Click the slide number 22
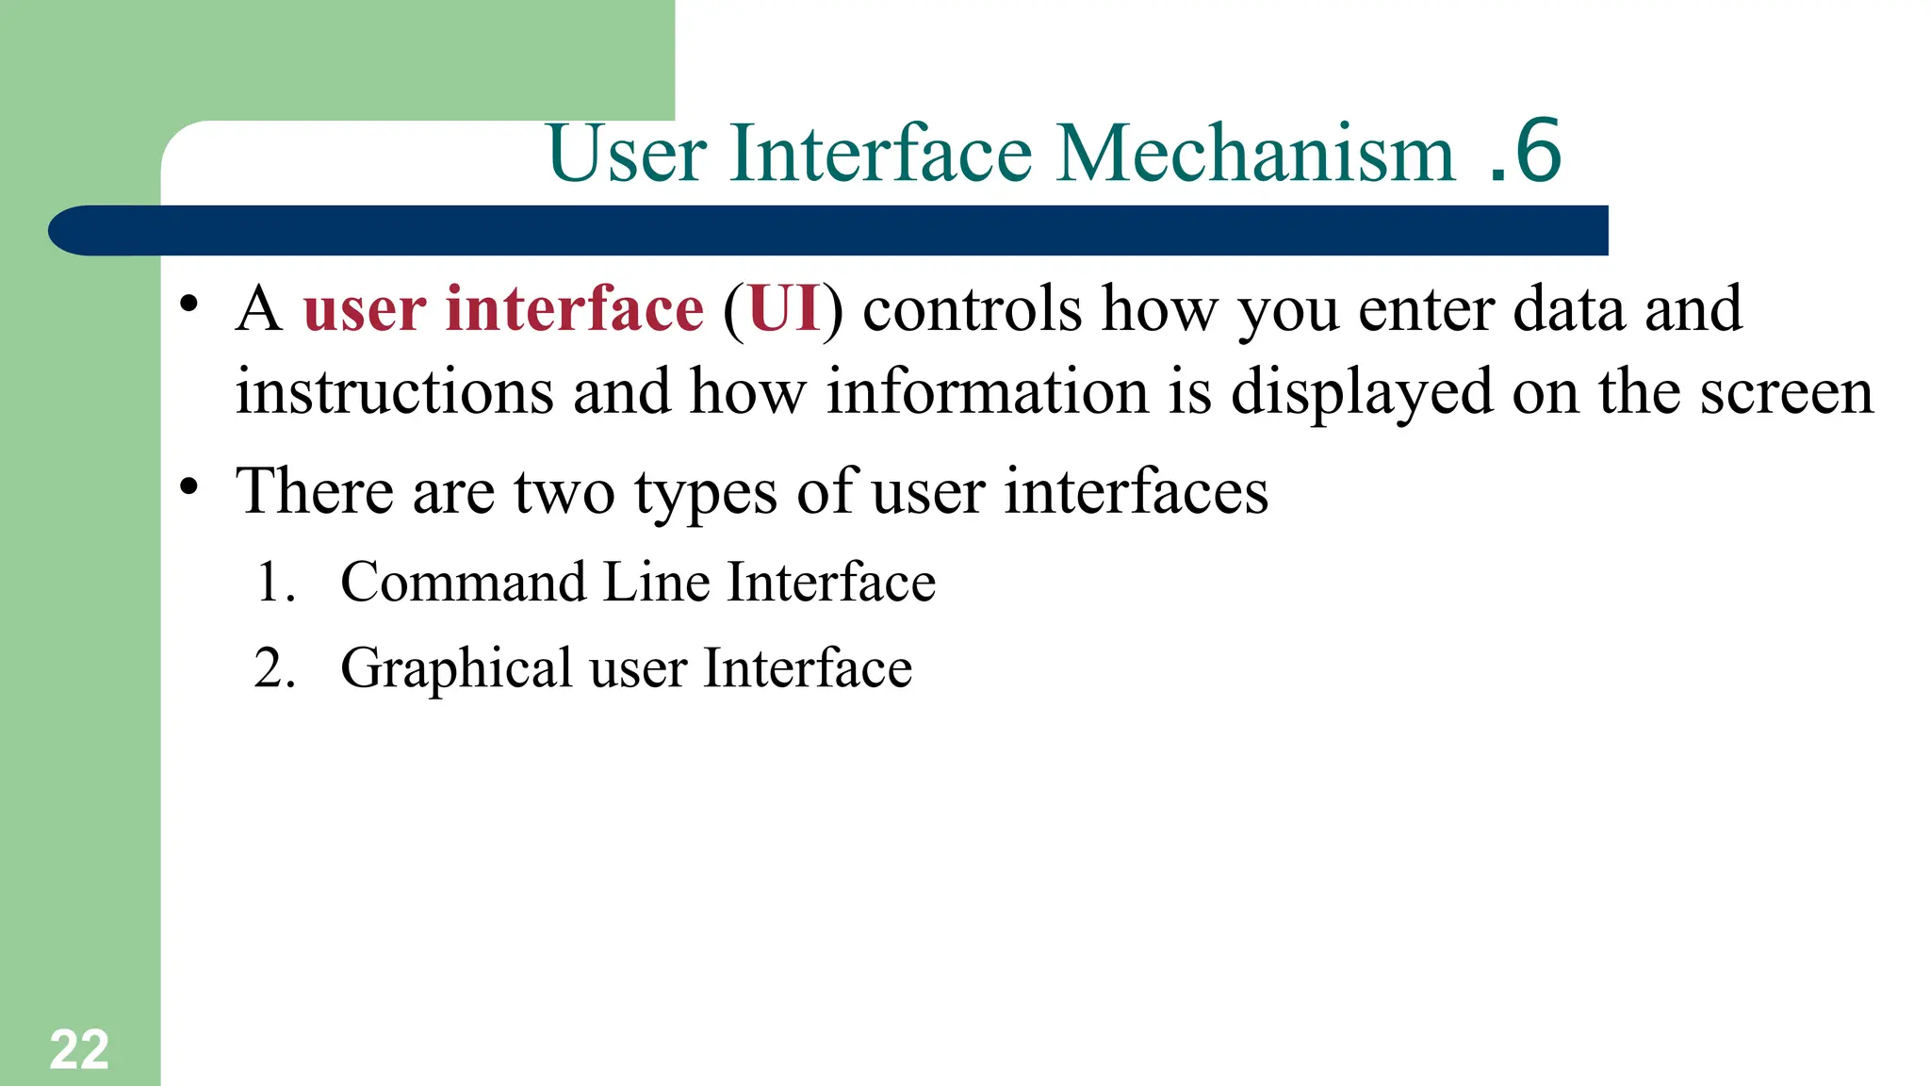point(79,1050)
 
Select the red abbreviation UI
point(784,309)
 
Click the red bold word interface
point(574,309)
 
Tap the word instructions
point(394,392)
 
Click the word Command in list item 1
point(462,582)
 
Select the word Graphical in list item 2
point(456,669)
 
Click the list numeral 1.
point(274,582)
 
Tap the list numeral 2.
point(274,668)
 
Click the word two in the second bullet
point(564,492)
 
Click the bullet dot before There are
point(189,486)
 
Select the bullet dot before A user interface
point(189,304)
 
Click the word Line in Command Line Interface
point(656,582)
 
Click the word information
point(988,392)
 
